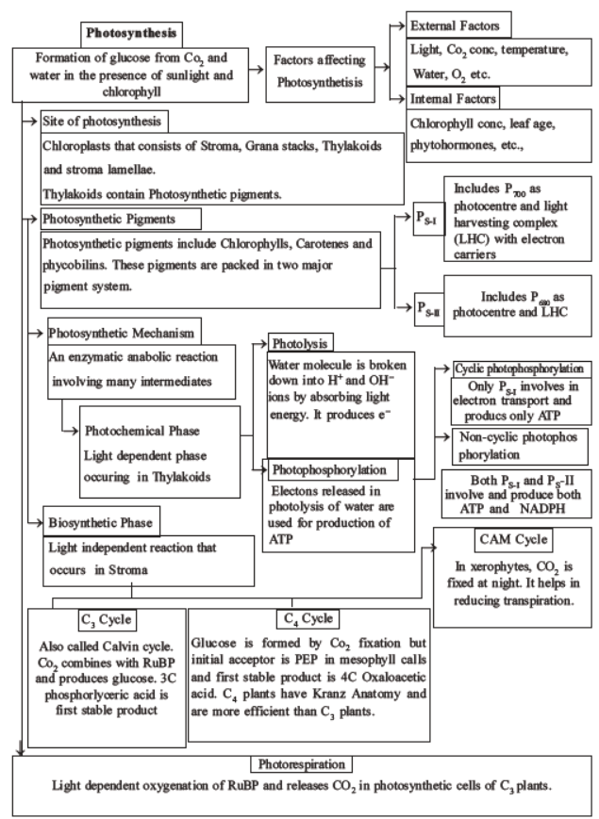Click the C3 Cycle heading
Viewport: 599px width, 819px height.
[108, 619]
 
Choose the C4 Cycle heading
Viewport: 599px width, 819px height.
[304, 618]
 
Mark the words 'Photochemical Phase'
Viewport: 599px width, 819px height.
[145, 430]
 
